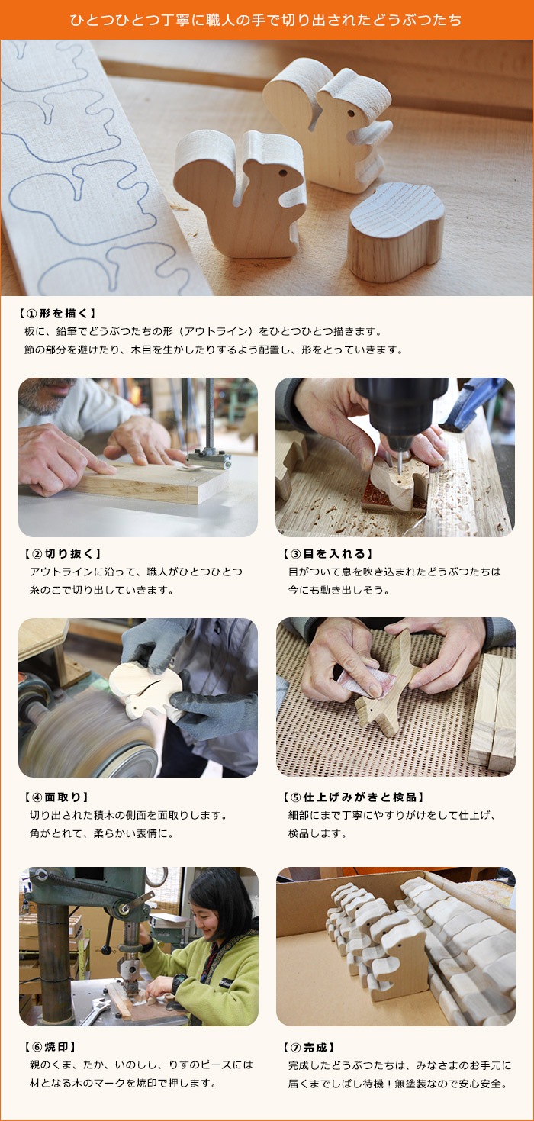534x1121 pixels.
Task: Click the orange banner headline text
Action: tap(265, 20)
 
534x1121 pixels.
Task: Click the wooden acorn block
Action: tap(395, 232)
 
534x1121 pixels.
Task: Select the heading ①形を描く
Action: tap(57, 314)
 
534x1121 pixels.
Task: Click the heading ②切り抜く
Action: tap(63, 553)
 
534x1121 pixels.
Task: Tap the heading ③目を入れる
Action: tap(328, 553)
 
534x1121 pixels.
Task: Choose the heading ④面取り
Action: tap(56, 797)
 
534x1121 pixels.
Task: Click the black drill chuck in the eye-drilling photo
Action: tap(400, 407)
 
